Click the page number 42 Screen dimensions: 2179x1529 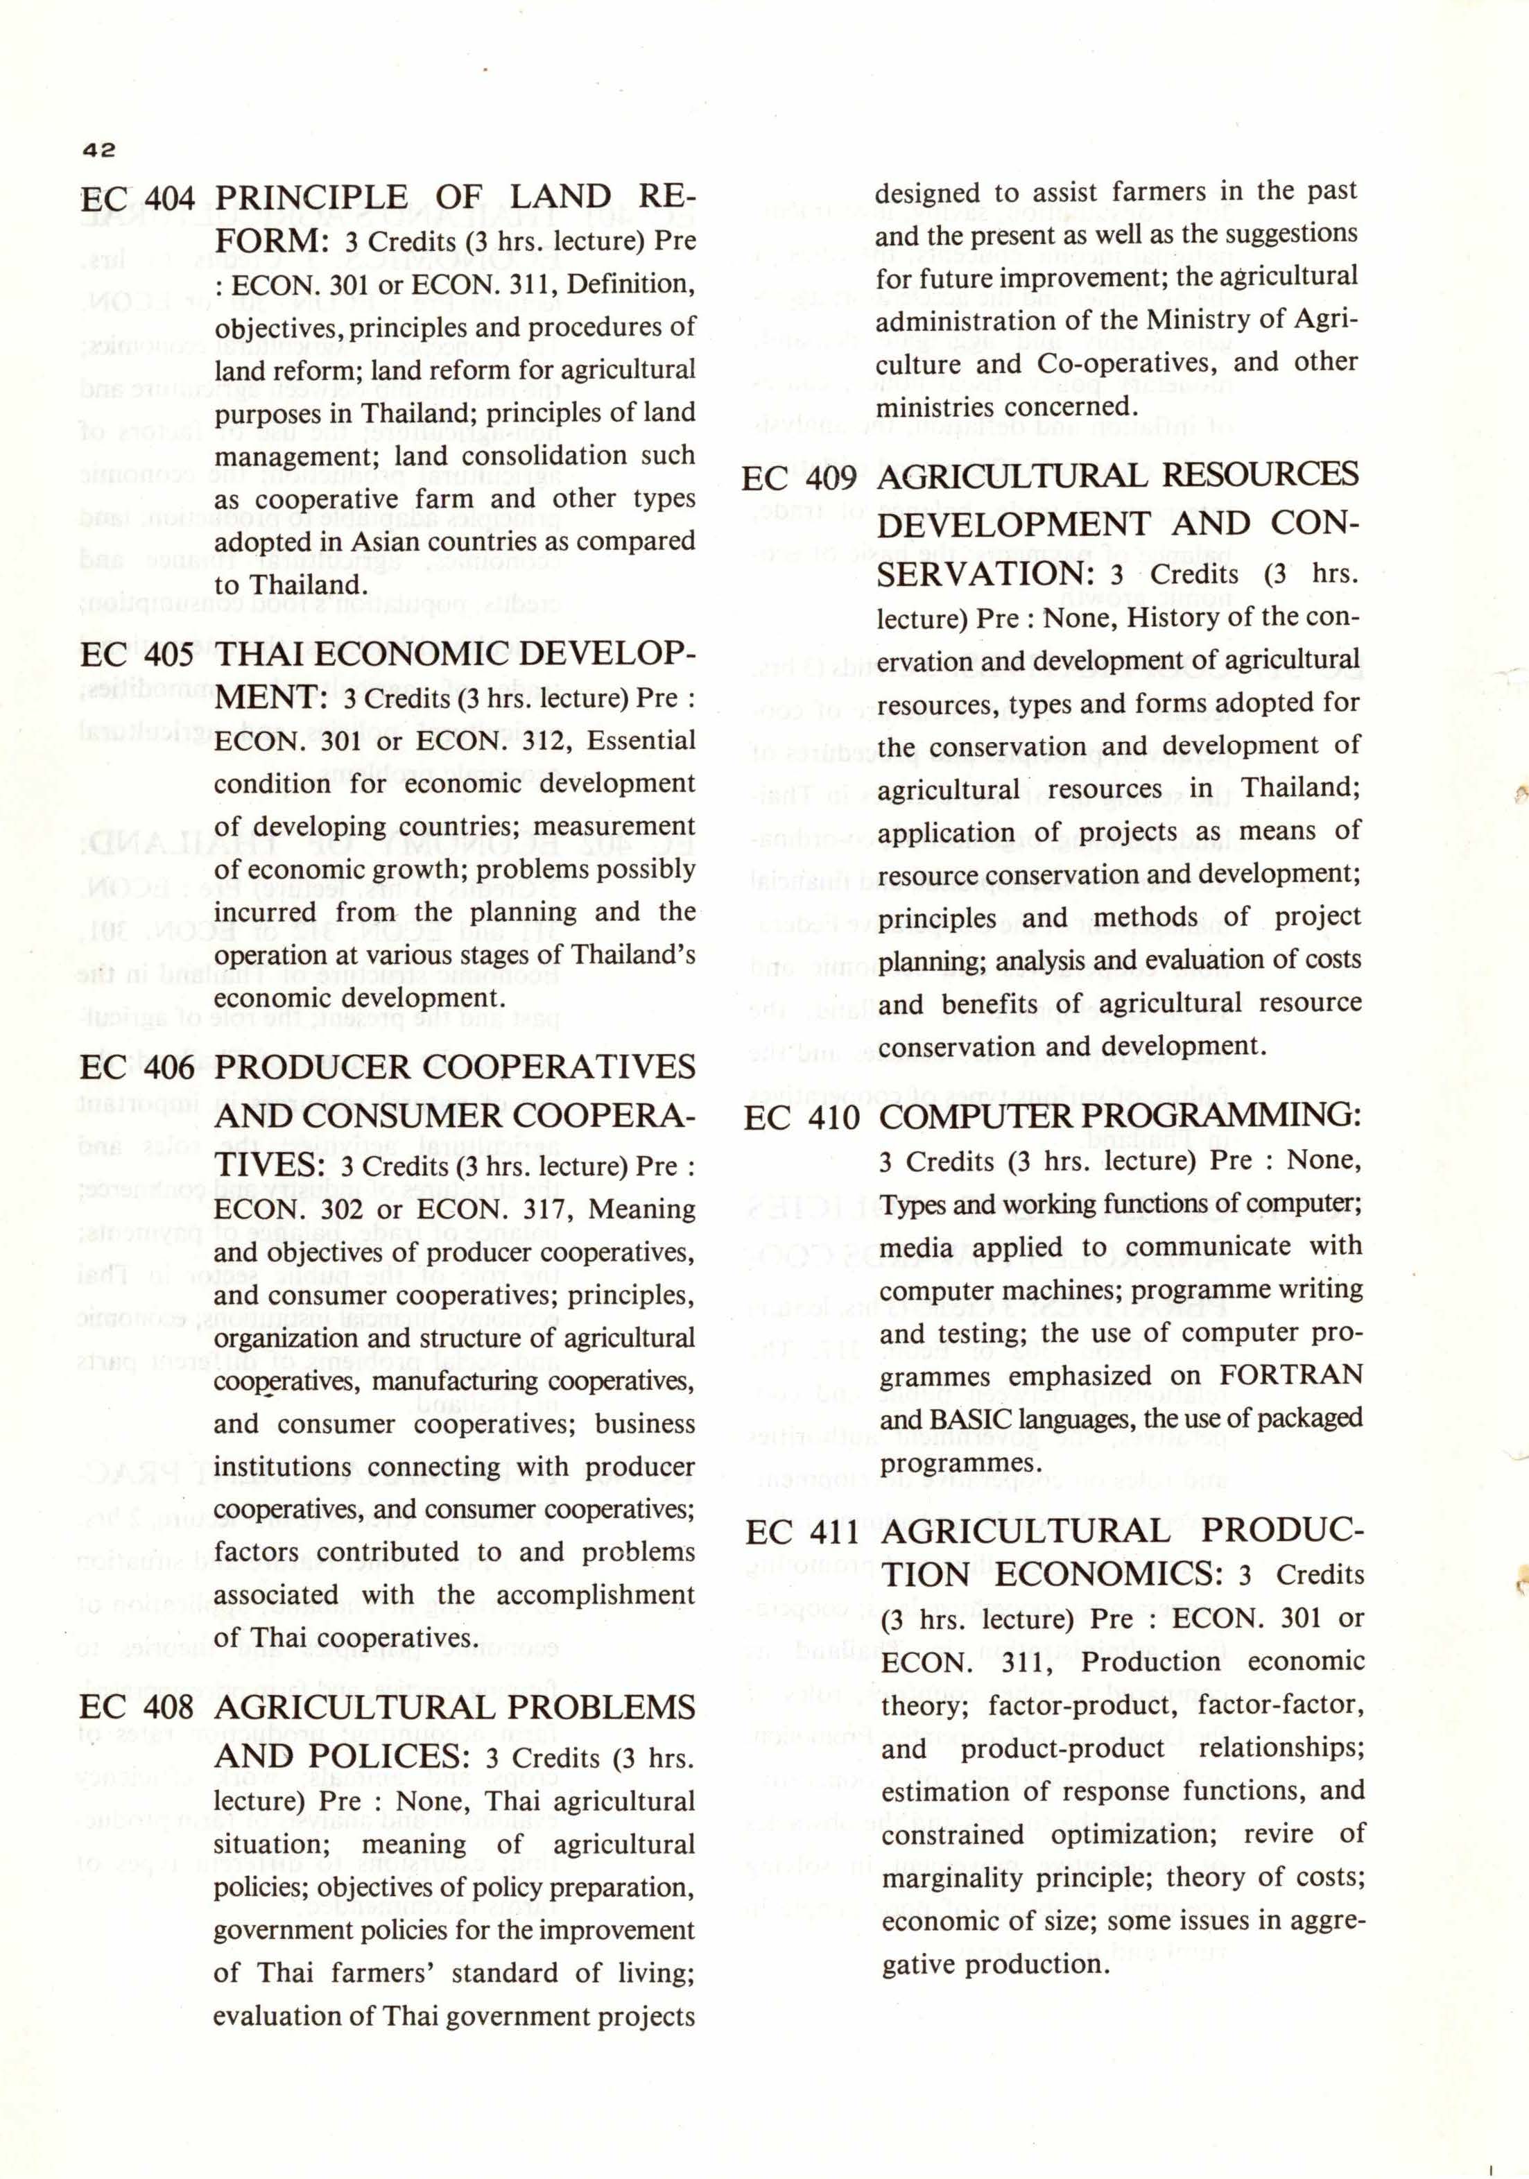tap(98, 149)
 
